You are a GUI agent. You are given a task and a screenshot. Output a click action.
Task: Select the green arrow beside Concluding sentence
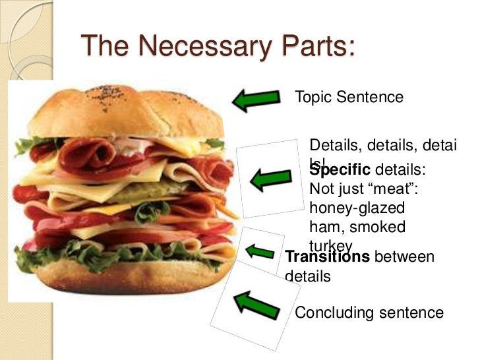point(255,304)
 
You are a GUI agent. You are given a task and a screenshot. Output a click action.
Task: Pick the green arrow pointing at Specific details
point(271,177)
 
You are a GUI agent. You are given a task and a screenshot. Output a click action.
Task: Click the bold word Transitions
point(327,256)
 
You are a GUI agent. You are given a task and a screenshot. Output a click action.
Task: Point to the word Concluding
point(333,313)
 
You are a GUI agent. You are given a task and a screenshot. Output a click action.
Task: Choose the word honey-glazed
point(357,208)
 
